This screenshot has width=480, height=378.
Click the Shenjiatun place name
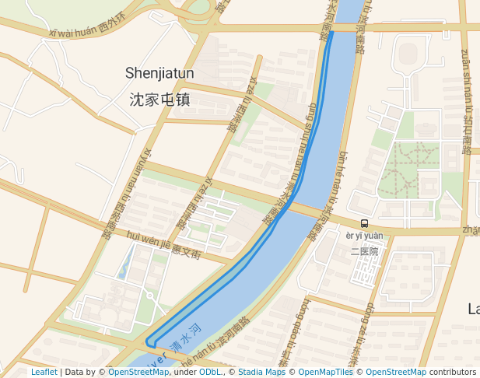point(159,73)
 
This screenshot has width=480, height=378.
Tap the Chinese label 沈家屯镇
point(159,100)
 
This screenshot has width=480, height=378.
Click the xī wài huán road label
point(86,30)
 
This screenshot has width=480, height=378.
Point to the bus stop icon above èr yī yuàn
point(364,224)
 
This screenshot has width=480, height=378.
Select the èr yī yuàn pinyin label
point(364,236)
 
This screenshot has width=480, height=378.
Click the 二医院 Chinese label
point(364,251)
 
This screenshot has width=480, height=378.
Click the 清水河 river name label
point(187,336)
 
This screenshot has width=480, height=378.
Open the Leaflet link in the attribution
point(44,372)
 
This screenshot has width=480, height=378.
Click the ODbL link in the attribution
point(210,372)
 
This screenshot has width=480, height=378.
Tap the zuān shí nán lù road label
point(467,101)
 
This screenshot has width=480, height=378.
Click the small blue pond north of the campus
point(123,268)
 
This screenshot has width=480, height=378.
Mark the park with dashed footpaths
point(409,168)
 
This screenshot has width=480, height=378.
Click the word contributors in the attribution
point(453,372)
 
